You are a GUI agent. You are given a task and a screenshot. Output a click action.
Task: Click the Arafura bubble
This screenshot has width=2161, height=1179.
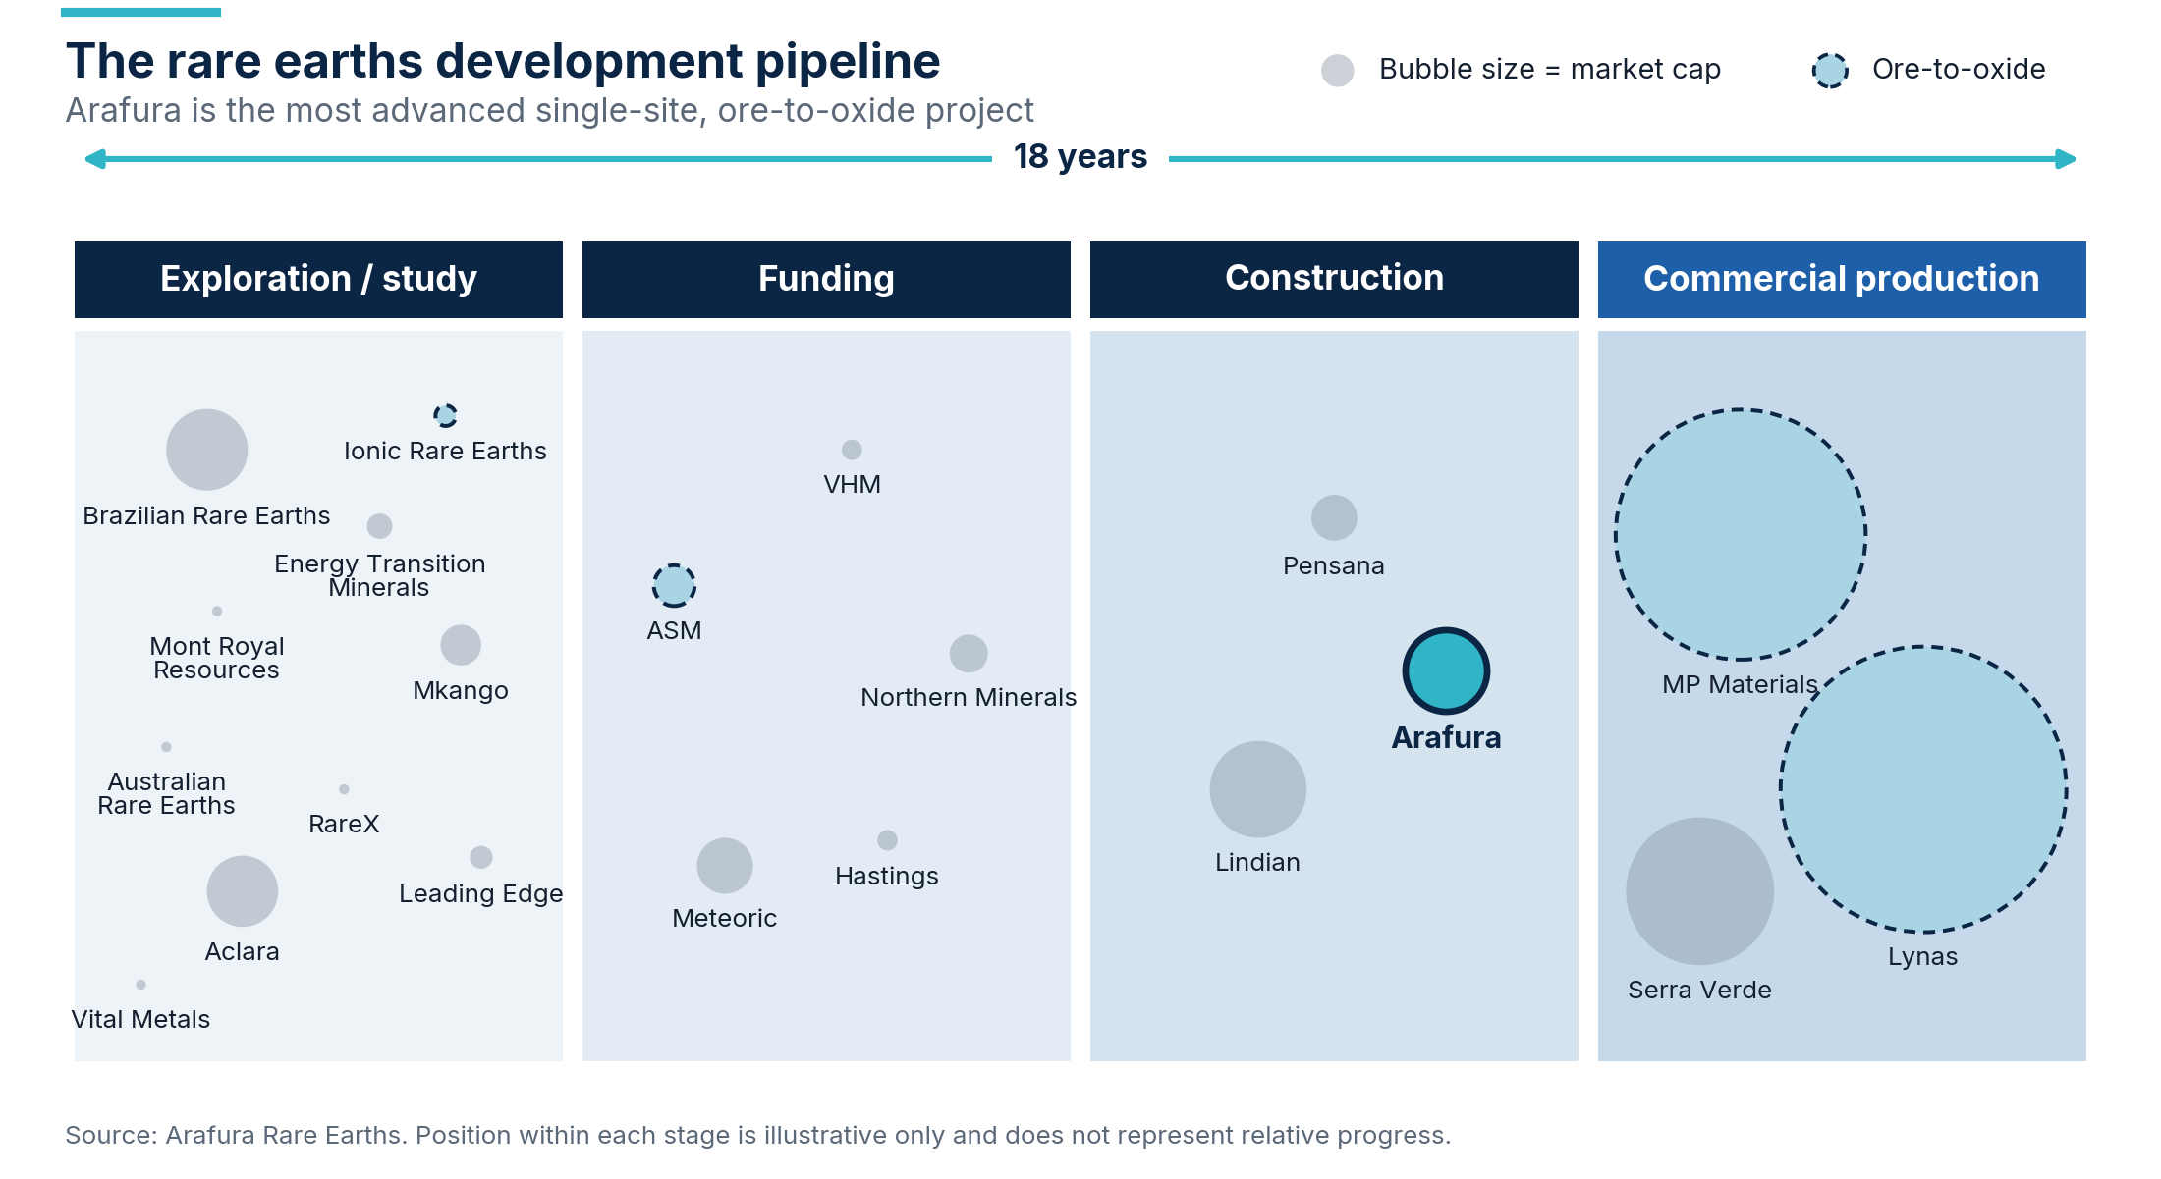1446,670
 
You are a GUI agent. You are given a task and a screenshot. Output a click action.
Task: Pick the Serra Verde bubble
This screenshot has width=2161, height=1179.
1699,891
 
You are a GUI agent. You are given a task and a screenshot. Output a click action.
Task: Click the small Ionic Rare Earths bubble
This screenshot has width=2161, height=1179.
445,415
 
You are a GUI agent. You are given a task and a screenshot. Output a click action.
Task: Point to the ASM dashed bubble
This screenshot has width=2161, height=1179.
674,586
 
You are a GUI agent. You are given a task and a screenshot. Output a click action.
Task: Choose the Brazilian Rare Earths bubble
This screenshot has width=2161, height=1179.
206,450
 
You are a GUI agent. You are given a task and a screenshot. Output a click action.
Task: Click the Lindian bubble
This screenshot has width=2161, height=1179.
1257,789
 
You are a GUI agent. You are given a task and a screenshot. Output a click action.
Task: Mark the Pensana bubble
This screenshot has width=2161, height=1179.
1334,517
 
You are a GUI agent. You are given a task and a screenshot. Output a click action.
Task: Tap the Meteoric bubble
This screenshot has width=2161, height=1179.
725,866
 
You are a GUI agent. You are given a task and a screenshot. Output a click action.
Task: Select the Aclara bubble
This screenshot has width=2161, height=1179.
242,891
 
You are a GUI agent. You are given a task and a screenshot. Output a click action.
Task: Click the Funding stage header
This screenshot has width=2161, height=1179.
826,279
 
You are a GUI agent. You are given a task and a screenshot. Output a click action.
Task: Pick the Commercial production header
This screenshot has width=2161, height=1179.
1842,279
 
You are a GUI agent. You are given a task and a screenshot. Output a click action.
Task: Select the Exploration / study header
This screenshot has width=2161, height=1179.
318,279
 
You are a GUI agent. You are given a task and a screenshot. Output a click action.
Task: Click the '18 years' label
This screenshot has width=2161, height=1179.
1080,157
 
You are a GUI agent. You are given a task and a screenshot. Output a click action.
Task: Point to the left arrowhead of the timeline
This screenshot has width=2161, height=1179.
95,159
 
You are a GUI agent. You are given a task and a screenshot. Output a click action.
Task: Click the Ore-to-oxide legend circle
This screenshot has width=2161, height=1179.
1830,70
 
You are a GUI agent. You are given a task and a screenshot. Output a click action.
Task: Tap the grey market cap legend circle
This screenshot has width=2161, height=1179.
1337,70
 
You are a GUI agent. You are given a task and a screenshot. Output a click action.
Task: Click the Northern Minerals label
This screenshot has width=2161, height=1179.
969,697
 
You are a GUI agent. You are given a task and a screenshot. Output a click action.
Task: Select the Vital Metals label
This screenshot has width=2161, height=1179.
140,1019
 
